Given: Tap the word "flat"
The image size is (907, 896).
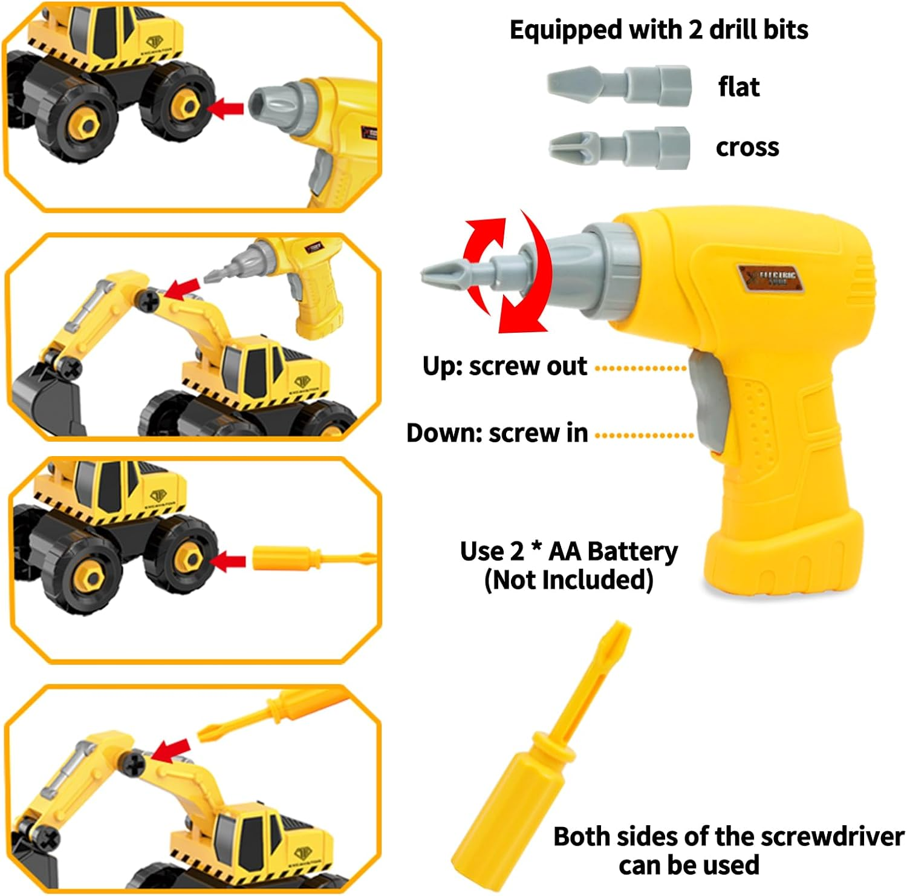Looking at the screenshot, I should [x=738, y=87].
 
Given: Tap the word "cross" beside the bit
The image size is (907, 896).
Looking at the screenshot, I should [x=747, y=147].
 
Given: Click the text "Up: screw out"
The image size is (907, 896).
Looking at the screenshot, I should [x=504, y=366].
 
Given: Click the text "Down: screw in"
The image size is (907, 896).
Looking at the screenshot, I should [x=497, y=433].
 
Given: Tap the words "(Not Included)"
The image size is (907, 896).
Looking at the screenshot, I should [x=568, y=580].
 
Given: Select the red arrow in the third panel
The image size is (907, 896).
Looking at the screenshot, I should [x=229, y=561].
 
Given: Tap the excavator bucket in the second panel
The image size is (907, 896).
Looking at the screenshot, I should [x=45, y=399].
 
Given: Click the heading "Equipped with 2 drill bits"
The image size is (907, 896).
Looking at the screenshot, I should [x=658, y=30].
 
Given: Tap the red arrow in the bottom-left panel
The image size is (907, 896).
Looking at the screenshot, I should [x=172, y=750].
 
